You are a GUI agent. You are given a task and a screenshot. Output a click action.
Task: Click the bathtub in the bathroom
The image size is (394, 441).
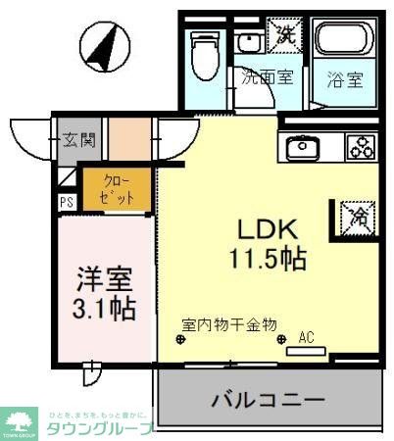pyautogui.click(x=342, y=42)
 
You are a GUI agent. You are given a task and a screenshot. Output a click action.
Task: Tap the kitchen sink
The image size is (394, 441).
pyautogui.click(x=300, y=148)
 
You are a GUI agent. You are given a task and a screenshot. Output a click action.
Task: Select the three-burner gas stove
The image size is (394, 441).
pyautogui.click(x=360, y=148)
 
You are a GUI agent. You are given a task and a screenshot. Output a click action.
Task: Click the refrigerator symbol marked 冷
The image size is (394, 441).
pyautogui.click(x=354, y=216)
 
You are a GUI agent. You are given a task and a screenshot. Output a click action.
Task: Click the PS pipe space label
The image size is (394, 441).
pyautogui.click(x=66, y=203)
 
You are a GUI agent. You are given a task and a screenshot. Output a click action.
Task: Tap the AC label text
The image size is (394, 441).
pyautogui.click(x=306, y=337)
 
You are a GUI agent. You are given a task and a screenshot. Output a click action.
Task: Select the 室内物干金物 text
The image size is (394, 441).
pyautogui.click(x=229, y=322)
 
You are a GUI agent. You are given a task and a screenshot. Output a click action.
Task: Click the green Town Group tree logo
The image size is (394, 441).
pyautogui.click(x=18, y=418)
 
